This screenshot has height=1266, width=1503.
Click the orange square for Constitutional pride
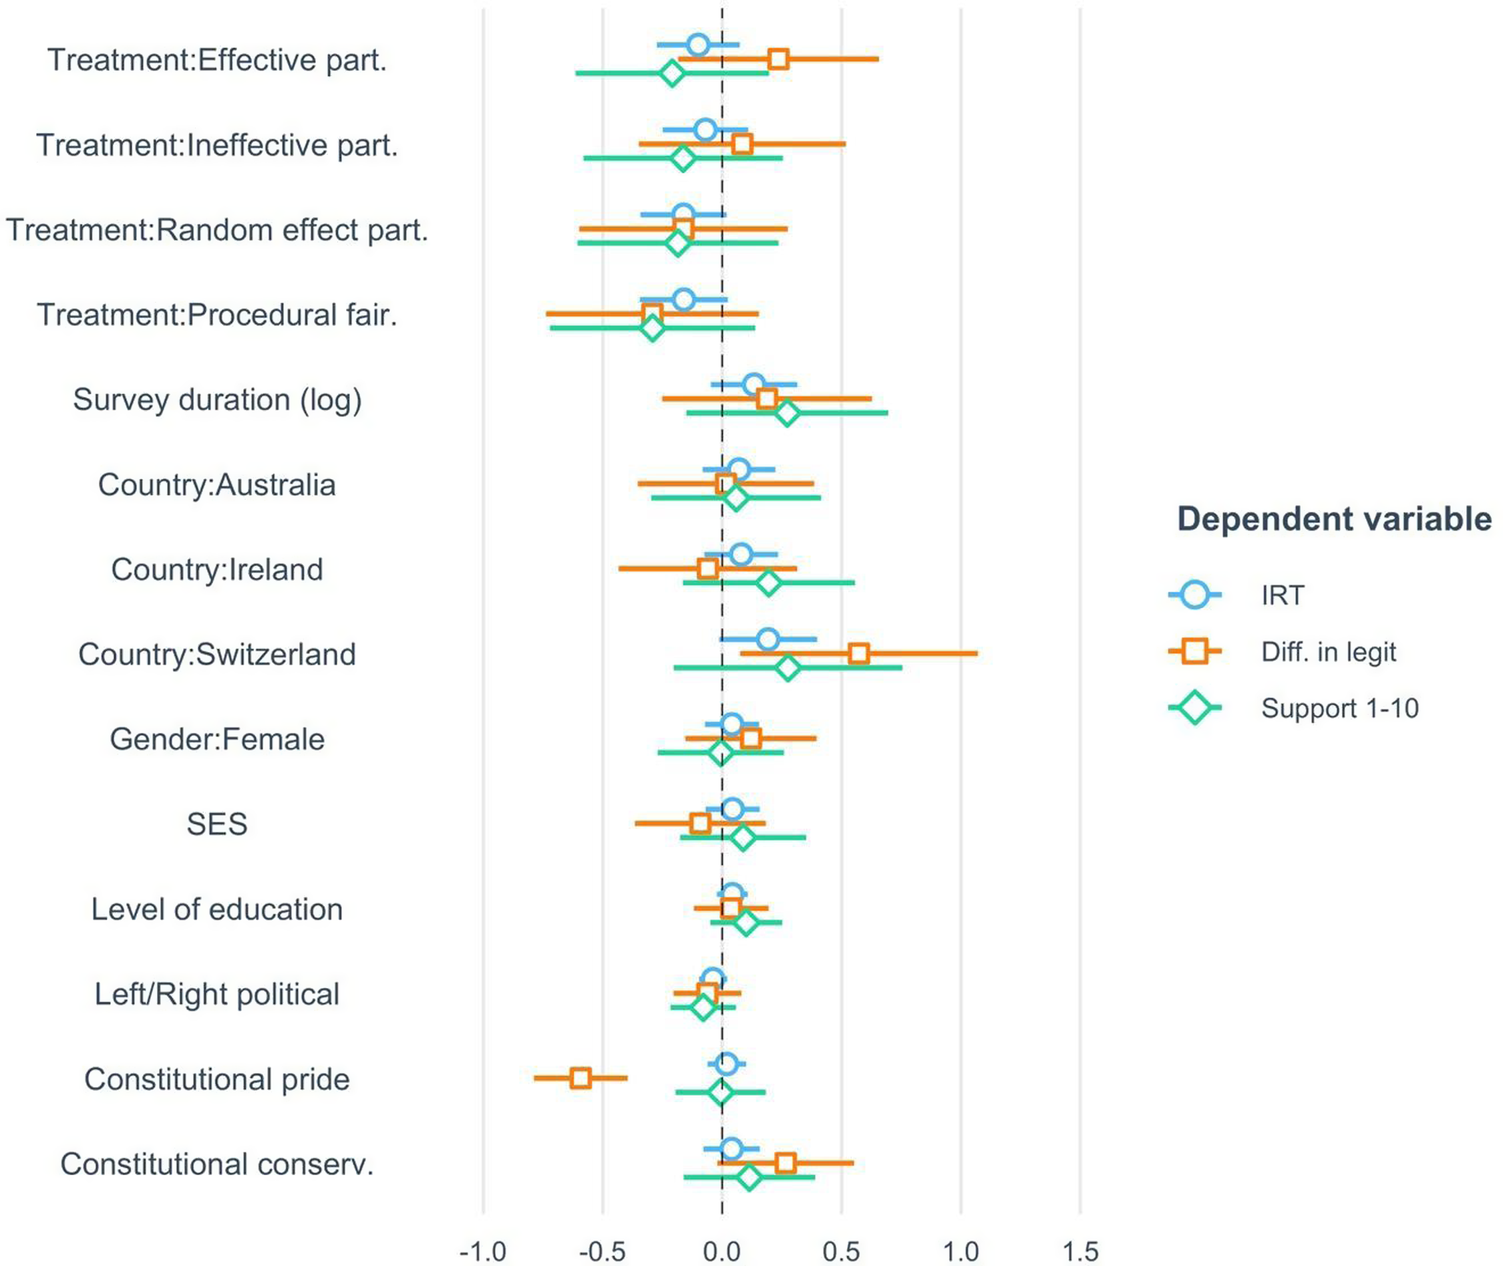tap(580, 1078)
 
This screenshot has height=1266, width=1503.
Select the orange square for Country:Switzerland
tap(859, 654)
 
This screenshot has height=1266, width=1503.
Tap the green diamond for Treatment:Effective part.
tap(671, 73)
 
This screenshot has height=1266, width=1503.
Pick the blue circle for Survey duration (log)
tap(754, 385)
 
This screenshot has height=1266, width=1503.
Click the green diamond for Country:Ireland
tap(768, 583)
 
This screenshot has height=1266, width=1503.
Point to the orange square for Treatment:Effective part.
tap(778, 59)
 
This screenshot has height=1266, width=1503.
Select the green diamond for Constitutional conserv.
tap(749, 1177)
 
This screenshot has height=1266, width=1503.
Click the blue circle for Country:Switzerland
tap(768, 639)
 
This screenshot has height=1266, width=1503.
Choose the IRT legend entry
tap(1283, 595)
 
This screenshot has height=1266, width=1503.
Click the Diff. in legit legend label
tap(1329, 651)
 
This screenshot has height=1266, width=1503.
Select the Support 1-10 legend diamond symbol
tap(1194, 708)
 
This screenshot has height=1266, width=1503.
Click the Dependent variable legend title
tap(1335, 519)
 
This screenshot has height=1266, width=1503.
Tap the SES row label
tap(216, 824)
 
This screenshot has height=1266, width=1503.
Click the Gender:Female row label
tap(216, 739)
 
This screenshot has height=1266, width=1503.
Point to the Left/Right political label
tap(216, 994)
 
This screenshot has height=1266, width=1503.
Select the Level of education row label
tap(216, 909)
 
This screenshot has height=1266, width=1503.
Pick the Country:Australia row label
tap(216, 484)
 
